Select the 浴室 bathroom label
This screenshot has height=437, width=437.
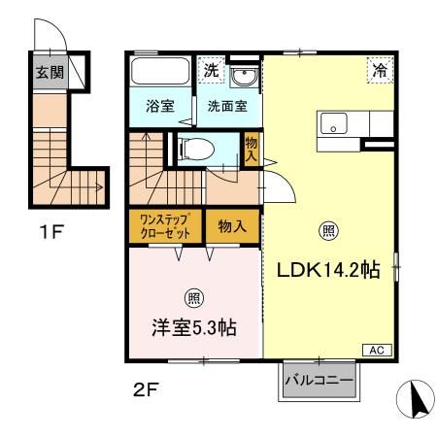pyautogui.click(x=160, y=107)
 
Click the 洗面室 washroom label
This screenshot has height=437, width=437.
pyautogui.click(x=224, y=107)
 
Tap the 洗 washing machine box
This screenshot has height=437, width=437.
pyautogui.click(x=211, y=70)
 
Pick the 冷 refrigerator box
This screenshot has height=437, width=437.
pyautogui.click(x=380, y=70)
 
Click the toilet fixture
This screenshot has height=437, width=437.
pyautogui.click(x=197, y=148)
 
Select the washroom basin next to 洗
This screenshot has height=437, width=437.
pyautogui.click(x=243, y=75)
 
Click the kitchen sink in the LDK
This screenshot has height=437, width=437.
pyautogui.click(x=335, y=124)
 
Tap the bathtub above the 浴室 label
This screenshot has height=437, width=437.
pyautogui.click(x=161, y=74)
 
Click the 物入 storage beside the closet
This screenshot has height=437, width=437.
pyautogui.click(x=231, y=226)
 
